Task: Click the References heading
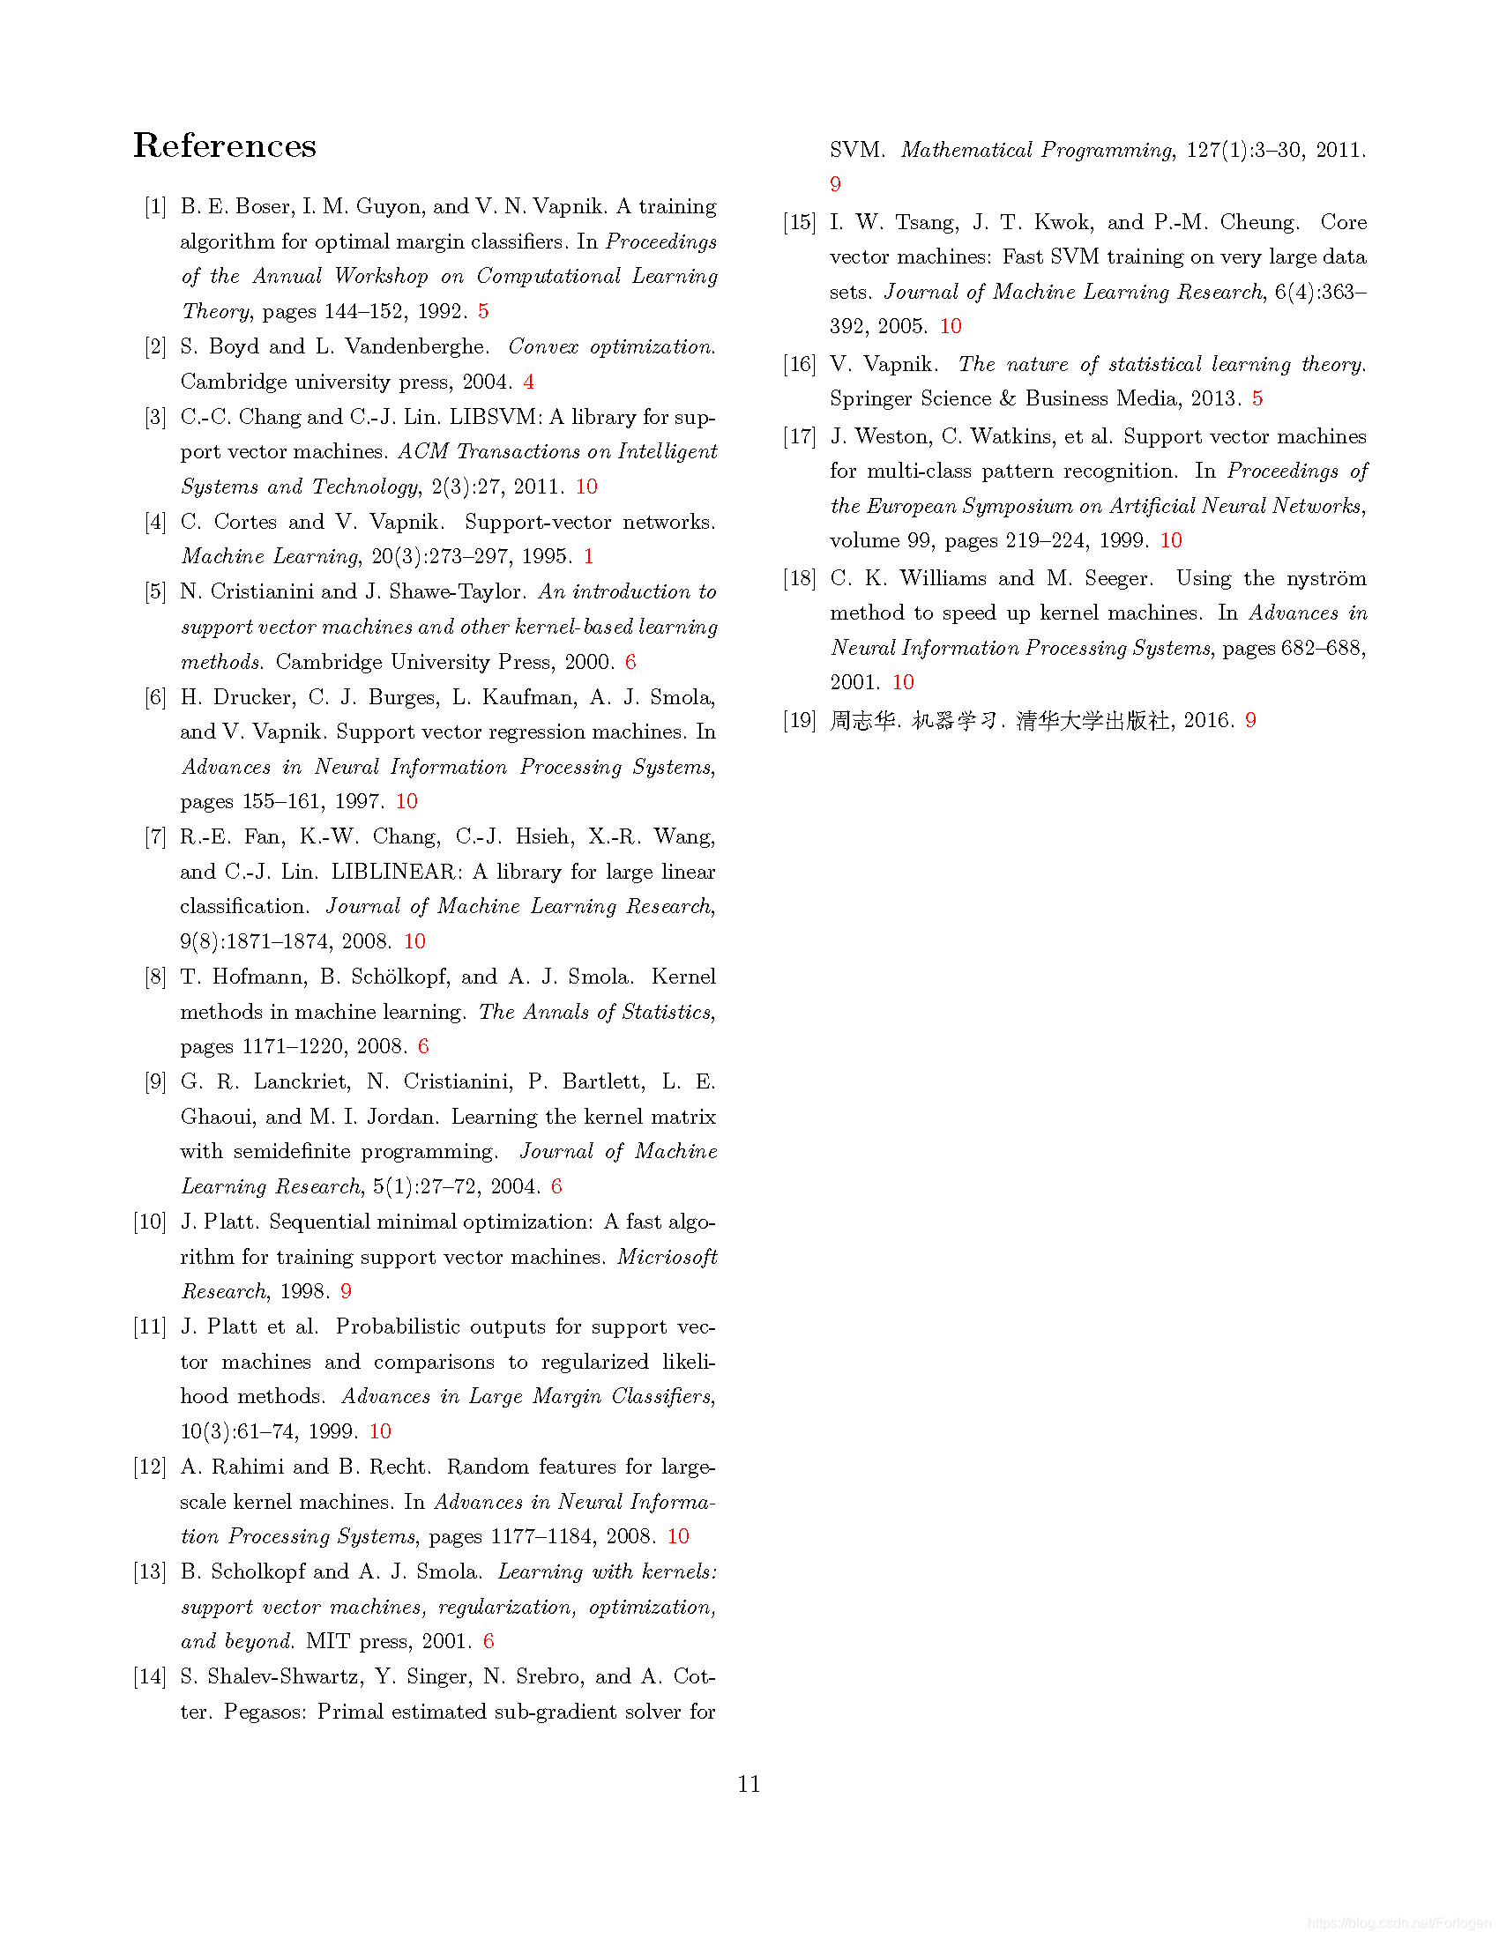[x=225, y=146]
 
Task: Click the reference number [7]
[x=155, y=837]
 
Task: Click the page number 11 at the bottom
[x=749, y=1784]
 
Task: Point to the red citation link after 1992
[x=483, y=312]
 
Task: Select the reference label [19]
[x=799, y=720]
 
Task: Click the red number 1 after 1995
[x=588, y=557]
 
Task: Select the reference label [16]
[x=799, y=364]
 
